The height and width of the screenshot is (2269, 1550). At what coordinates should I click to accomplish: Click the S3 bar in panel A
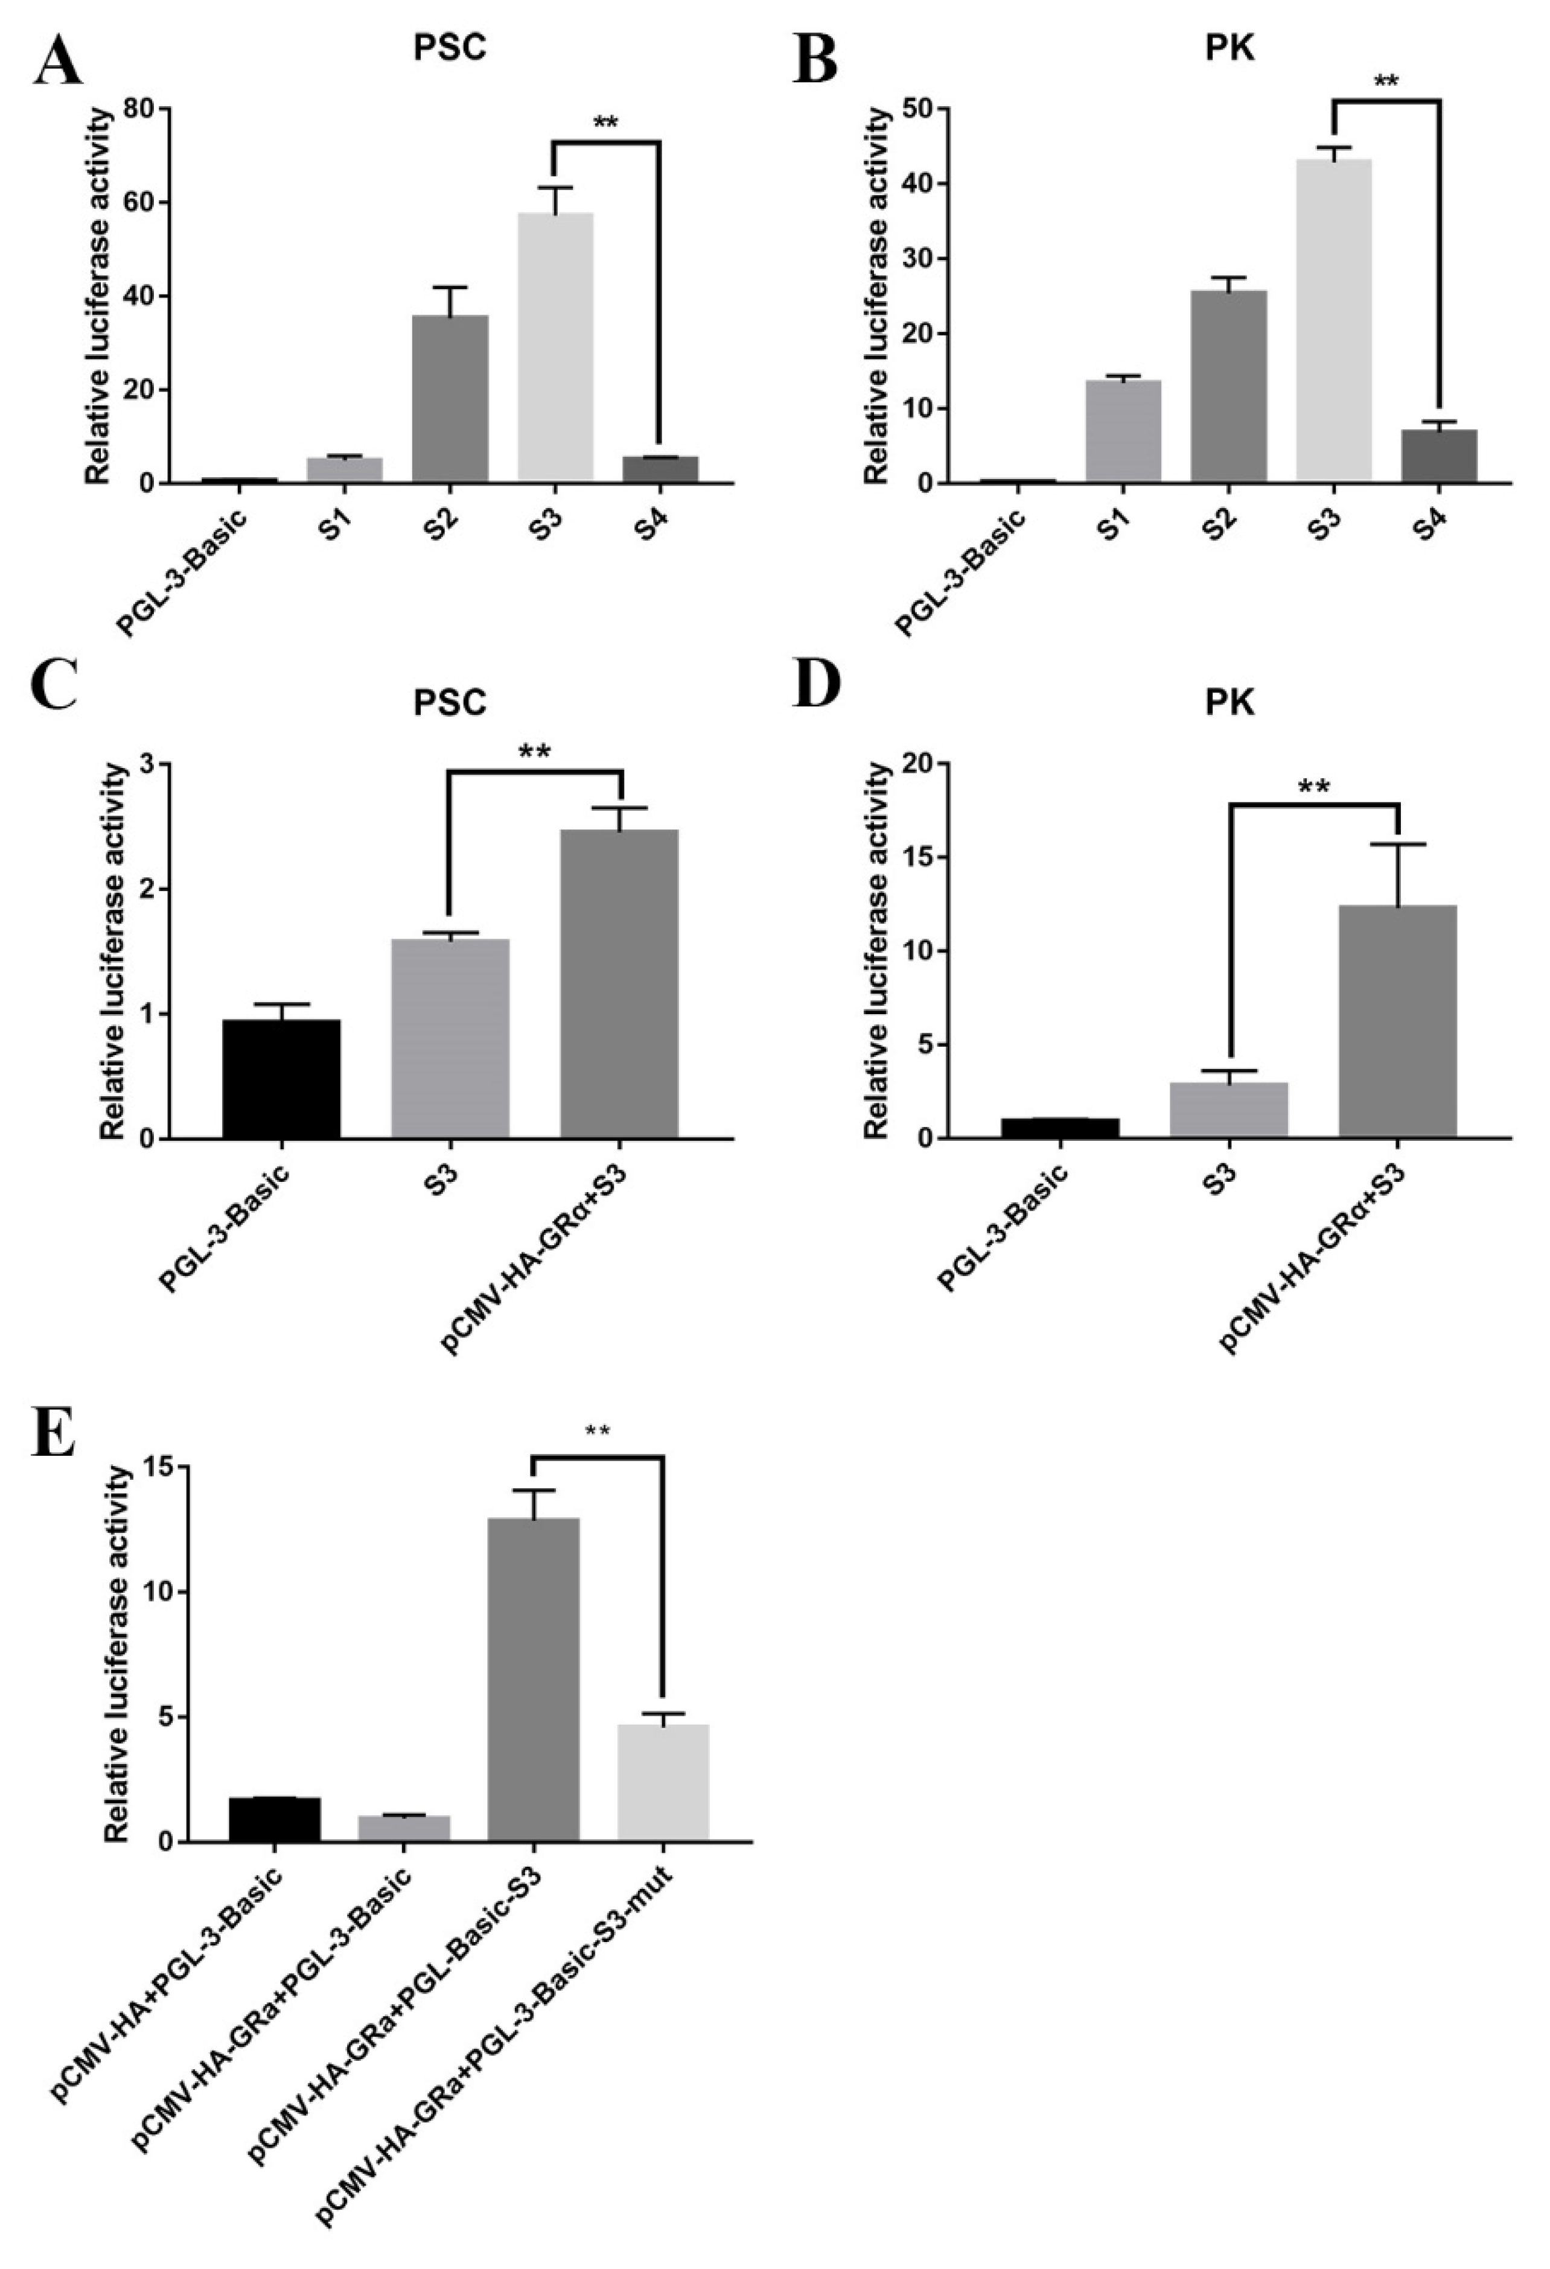point(555,347)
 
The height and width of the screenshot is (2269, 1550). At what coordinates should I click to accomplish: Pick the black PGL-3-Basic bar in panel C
point(281,1079)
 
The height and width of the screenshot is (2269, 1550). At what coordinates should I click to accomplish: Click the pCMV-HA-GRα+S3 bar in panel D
point(1398,1020)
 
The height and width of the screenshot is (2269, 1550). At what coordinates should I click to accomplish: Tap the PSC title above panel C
point(448,703)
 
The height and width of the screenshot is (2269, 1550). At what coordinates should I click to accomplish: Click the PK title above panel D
point(1229,703)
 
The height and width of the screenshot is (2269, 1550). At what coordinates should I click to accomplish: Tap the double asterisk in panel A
point(607,124)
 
